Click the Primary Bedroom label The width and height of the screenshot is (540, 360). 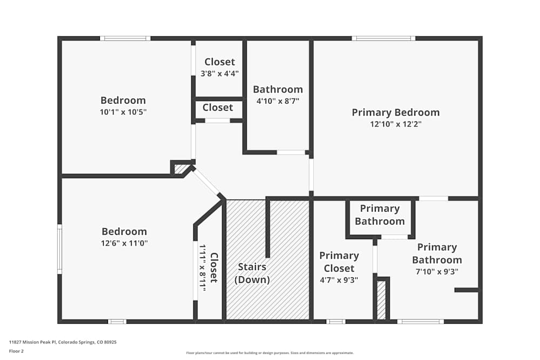coord(395,112)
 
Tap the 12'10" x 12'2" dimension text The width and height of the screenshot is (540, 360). coord(395,124)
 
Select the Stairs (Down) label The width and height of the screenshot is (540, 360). coord(252,273)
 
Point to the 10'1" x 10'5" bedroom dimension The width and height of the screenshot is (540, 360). coord(123,112)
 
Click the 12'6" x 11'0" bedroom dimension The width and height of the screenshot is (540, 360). coord(124,243)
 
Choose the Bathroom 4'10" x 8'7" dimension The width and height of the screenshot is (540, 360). coord(278,101)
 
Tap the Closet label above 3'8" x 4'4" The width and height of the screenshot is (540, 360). coord(219,62)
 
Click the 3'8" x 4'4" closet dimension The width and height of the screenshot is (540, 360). coord(219,73)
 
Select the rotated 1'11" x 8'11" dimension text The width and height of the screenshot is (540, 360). coord(202,268)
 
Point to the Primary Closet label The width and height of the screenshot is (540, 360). coord(339,262)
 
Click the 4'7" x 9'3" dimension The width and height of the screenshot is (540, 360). coord(339,280)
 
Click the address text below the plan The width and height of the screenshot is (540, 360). coord(63,342)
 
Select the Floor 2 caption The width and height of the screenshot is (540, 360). coord(16,351)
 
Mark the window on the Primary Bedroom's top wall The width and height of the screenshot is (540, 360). coord(383,38)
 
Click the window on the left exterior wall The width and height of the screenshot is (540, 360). coord(59,249)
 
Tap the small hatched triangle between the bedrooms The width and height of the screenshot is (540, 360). coord(180,169)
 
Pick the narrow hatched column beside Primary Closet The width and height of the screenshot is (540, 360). coord(381,300)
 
